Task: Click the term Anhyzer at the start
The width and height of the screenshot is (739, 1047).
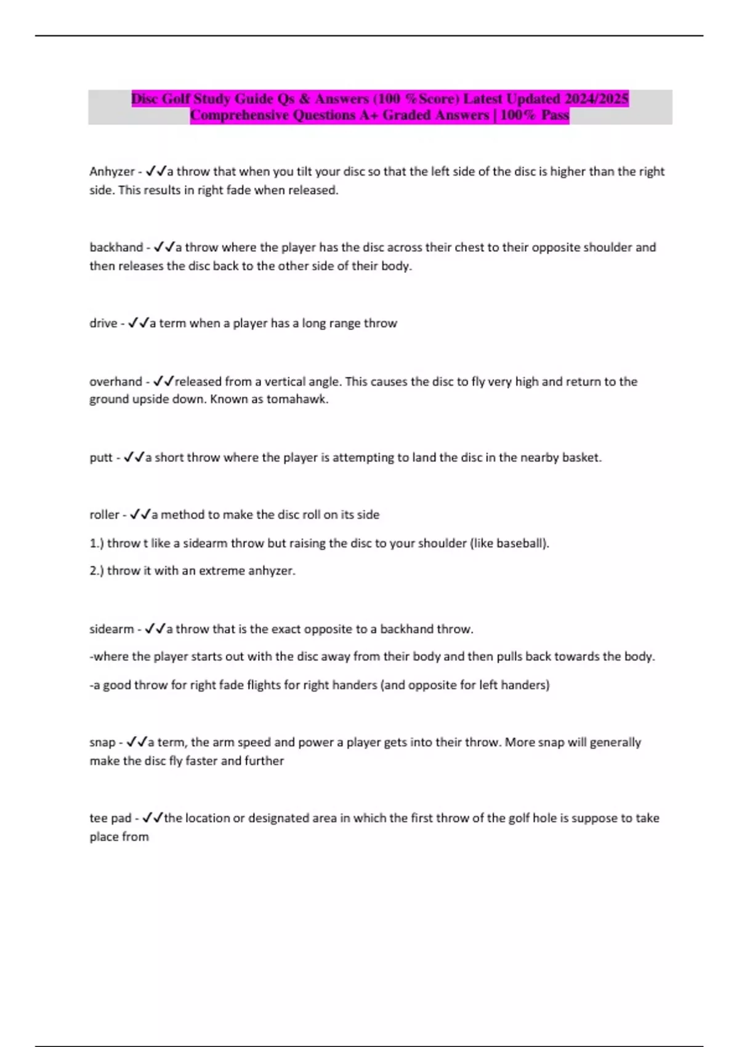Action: (x=111, y=172)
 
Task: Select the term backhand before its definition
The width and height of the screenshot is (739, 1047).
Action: (x=116, y=248)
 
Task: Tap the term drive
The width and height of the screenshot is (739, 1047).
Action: (x=103, y=323)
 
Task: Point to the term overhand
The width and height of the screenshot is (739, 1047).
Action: (x=115, y=382)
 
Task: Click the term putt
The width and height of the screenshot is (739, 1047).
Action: (x=101, y=458)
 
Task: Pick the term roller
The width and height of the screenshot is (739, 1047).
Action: (x=104, y=515)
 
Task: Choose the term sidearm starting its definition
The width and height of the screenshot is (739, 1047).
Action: (x=111, y=629)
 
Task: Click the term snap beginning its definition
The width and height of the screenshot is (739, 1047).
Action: (x=102, y=743)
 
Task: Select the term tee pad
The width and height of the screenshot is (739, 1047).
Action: (x=110, y=819)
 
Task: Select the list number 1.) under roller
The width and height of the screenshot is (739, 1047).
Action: (x=97, y=544)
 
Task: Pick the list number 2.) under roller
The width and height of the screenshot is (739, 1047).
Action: (x=97, y=571)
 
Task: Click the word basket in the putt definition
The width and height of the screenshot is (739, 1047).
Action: (x=581, y=458)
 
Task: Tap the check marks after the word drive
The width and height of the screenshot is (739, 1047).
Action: (x=138, y=323)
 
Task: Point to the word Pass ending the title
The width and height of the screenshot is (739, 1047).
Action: (x=555, y=115)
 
